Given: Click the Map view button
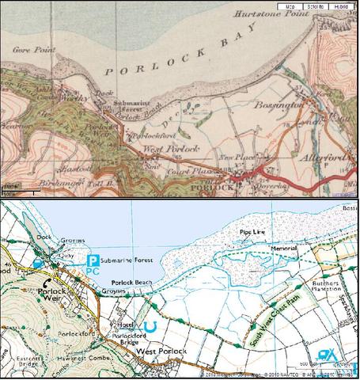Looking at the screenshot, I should coord(289,6).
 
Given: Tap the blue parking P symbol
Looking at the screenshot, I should coord(93,260).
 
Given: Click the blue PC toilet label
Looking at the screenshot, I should coord(93,271).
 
